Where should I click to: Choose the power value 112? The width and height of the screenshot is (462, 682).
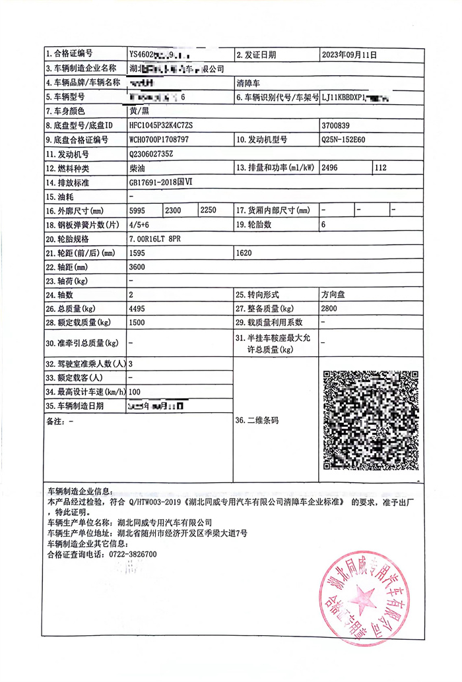click(381, 168)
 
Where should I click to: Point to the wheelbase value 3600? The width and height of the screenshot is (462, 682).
click(138, 268)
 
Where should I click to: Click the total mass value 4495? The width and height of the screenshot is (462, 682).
click(138, 309)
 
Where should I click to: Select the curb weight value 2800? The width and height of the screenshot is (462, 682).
click(329, 309)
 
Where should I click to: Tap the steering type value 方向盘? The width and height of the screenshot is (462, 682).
click(333, 295)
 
